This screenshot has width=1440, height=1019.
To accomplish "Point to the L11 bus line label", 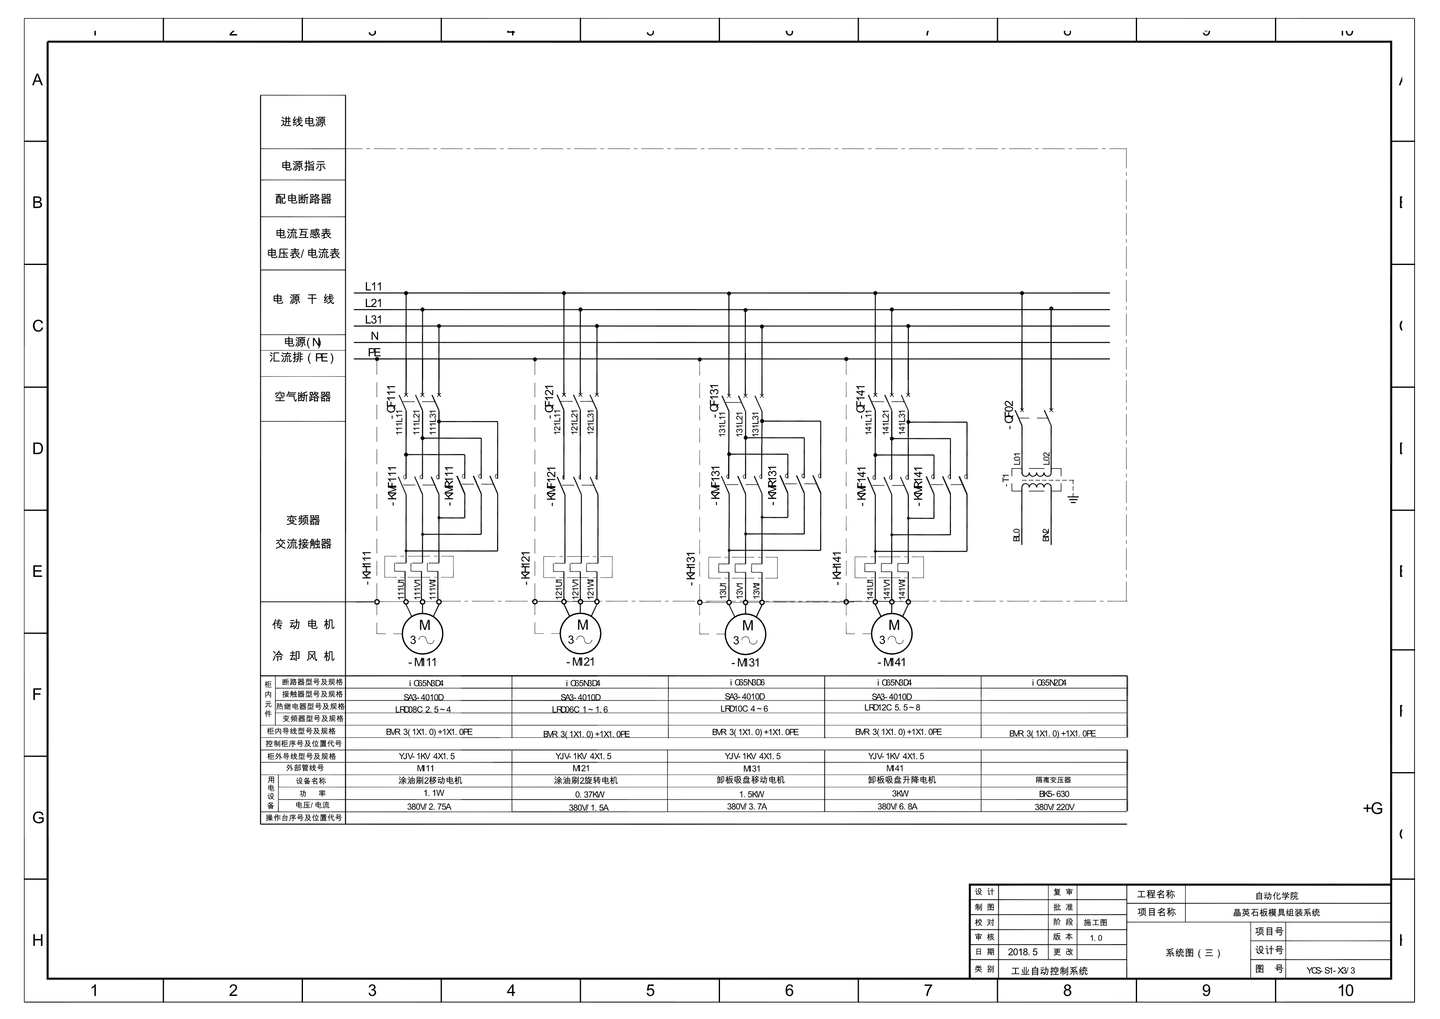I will [373, 287].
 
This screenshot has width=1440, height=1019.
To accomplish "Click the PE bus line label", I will [374, 353].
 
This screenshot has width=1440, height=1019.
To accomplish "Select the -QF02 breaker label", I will [1009, 415].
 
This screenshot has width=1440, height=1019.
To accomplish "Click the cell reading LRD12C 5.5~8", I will [892, 708].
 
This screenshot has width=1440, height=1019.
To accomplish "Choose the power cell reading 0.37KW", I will [589, 794].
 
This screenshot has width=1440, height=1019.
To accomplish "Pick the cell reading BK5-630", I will [1054, 794].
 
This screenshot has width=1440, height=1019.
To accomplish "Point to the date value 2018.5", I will [1022, 952].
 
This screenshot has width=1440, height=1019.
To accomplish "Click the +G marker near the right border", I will [1372, 809].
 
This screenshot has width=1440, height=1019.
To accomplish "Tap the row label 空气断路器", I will [302, 397].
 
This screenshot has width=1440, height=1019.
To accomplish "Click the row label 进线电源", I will [303, 122].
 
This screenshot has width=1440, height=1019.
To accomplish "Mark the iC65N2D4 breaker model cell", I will [1049, 683].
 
